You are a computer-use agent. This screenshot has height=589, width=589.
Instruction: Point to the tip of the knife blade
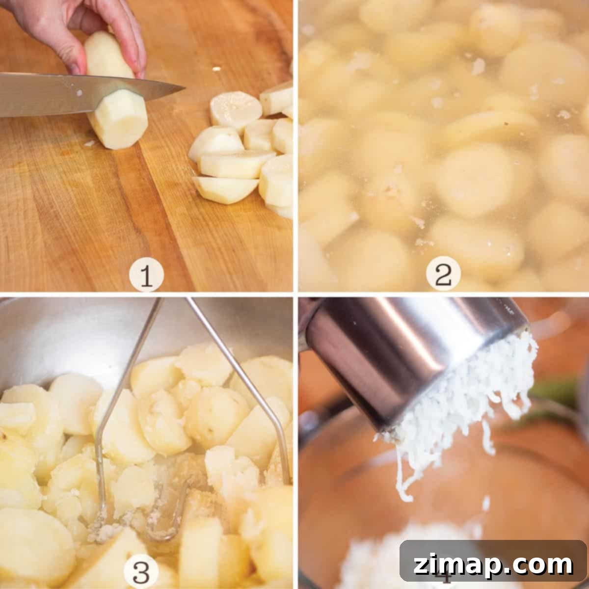pyautogui.click(x=185, y=88)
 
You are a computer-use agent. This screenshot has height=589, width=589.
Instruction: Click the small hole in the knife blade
pyautogui.click(x=80, y=92)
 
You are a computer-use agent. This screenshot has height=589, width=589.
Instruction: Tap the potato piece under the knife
pyautogui.click(x=119, y=122)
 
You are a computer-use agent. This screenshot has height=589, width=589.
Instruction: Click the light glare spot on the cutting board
pyautogui.click(x=216, y=69)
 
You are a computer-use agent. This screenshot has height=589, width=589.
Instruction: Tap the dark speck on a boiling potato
pyautogui.click(x=507, y=124)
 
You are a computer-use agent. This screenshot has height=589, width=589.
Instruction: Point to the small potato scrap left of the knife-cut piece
pyautogui.click(x=89, y=143)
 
